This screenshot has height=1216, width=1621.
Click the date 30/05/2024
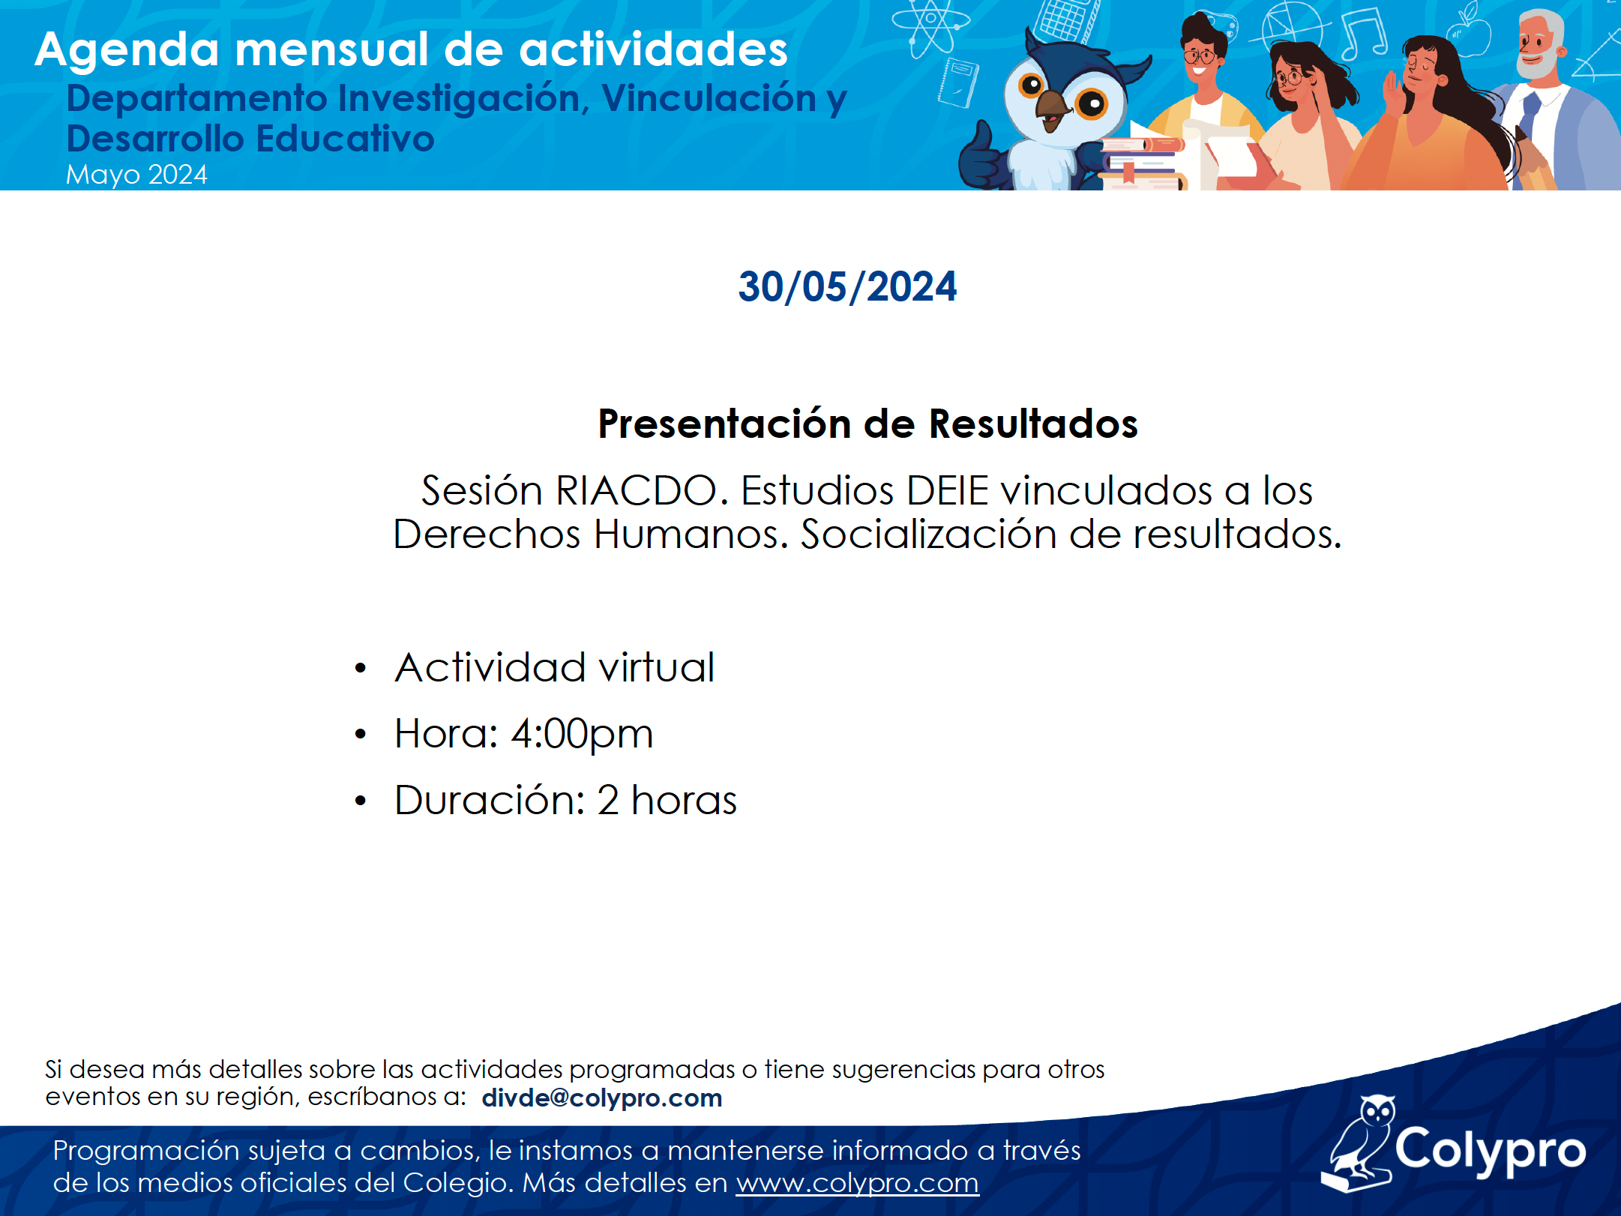click(847, 287)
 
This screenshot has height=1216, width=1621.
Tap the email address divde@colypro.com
click(602, 1098)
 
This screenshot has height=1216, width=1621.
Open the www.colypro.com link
click(857, 1183)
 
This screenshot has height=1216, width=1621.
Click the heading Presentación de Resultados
click(867, 424)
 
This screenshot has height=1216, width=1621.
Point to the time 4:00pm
click(582, 735)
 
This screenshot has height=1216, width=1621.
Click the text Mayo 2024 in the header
click(136, 175)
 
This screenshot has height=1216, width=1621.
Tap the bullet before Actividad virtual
click(361, 667)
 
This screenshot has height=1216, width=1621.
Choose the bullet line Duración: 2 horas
click(565, 800)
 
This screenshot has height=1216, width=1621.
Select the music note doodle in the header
click(1364, 33)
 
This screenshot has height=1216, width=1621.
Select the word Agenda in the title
click(127, 50)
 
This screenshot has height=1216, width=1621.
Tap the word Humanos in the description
click(691, 535)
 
